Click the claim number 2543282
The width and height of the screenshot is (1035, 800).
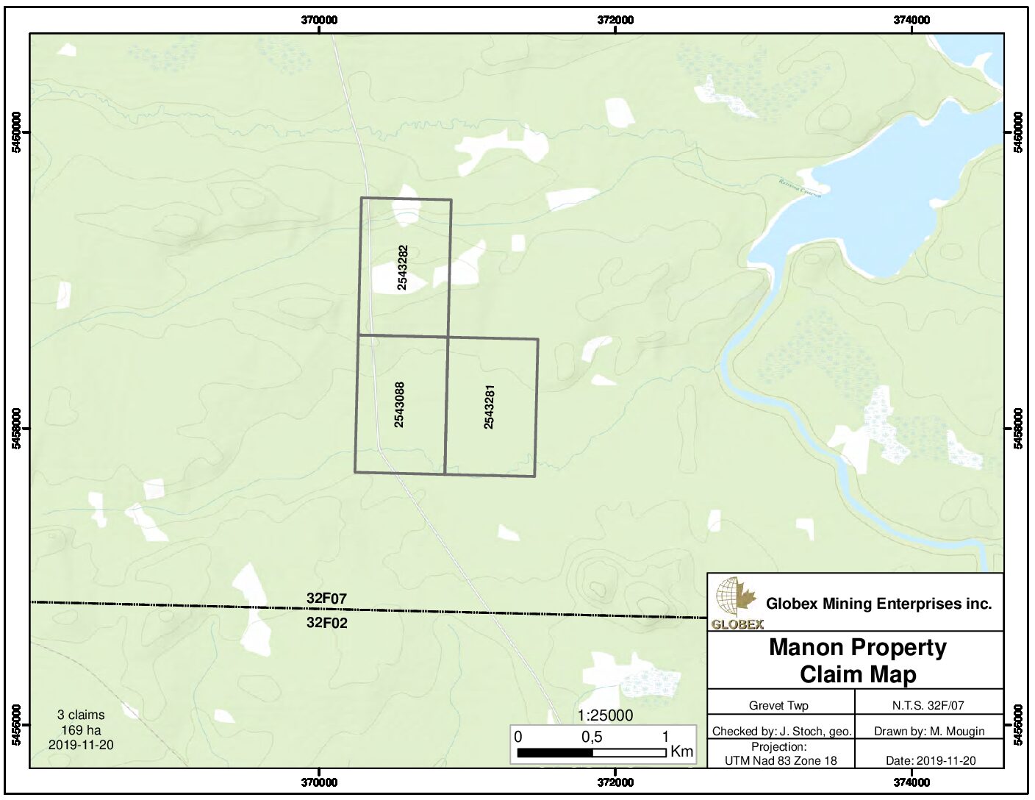click(x=402, y=267)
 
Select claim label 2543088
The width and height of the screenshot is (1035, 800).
click(x=400, y=404)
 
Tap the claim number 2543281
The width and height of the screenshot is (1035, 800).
click(x=489, y=407)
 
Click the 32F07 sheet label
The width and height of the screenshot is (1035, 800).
click(x=326, y=599)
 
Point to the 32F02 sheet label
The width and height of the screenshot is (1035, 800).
click(x=326, y=624)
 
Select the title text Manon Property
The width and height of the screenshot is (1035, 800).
click(x=857, y=648)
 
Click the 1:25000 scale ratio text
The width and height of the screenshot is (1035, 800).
click(x=605, y=715)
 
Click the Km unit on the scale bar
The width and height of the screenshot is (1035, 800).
click(x=682, y=752)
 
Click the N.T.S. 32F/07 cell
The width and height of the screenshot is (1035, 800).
click(x=928, y=705)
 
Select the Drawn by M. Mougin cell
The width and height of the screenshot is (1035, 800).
click(x=929, y=731)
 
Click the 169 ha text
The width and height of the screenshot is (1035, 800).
click(x=81, y=729)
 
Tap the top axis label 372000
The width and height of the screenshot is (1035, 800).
click(x=615, y=21)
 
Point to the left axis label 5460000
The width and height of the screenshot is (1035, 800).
click(x=16, y=132)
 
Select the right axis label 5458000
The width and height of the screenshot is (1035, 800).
click(x=1018, y=429)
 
